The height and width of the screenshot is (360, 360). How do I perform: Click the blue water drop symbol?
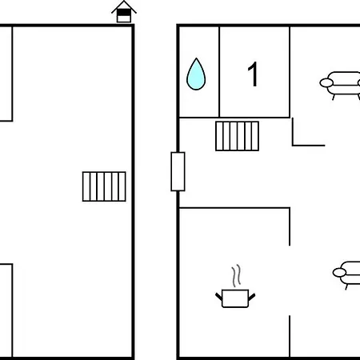(x=196, y=75)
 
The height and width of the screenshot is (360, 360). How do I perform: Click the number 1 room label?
(x=253, y=74)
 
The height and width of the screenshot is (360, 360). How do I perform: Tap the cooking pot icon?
(x=235, y=298)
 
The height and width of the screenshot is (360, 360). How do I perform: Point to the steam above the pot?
(x=236, y=276)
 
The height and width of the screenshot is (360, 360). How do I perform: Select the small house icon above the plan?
(x=124, y=11)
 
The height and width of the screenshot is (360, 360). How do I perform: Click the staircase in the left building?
(x=104, y=186)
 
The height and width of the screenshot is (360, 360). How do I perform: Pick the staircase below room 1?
(x=237, y=136)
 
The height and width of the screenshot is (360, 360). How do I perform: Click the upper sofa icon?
(x=340, y=85)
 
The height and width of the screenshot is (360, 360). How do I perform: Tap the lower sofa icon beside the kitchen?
(x=346, y=274)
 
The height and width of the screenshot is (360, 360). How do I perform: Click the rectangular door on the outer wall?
(x=178, y=171)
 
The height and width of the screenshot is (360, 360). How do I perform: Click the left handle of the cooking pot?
(x=218, y=296)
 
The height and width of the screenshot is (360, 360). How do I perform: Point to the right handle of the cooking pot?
(x=252, y=296)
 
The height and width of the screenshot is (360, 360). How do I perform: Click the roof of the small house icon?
(x=124, y=6)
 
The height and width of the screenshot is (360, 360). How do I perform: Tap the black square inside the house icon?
(x=124, y=12)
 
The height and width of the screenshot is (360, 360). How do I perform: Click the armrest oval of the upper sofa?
(x=326, y=82)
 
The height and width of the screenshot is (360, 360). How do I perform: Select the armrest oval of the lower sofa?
(x=339, y=273)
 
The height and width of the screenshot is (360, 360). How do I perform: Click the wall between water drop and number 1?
(x=219, y=72)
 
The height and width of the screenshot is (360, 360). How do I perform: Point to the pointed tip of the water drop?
(x=196, y=58)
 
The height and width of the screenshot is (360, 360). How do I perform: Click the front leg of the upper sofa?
(x=334, y=97)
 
